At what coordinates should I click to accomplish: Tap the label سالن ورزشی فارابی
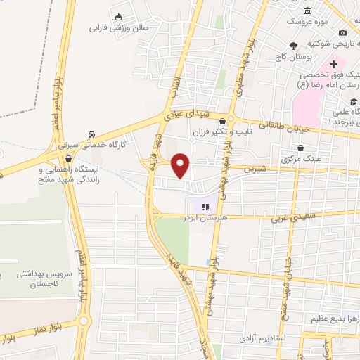(x=119, y=30)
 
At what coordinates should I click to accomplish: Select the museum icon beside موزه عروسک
(x=308, y=11)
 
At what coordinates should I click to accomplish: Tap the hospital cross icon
(x=333, y=64)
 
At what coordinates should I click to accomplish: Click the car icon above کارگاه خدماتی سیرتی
(x=91, y=134)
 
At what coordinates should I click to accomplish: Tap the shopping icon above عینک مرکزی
(x=301, y=148)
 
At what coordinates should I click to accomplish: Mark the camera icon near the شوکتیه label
(x=342, y=32)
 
